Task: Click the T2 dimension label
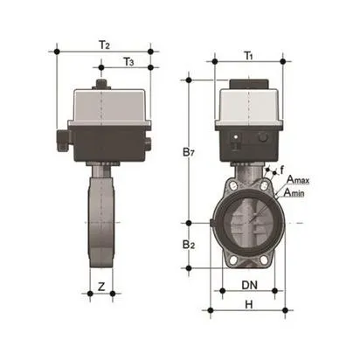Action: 104,44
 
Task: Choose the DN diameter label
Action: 248,286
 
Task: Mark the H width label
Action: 248,304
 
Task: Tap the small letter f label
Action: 280,169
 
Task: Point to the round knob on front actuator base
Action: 264,138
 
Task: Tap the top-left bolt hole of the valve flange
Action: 229,188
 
